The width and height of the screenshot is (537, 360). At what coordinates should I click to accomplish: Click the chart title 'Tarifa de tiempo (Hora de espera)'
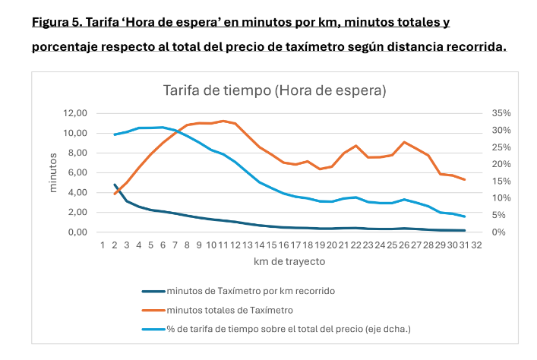pyautogui.click(x=274, y=90)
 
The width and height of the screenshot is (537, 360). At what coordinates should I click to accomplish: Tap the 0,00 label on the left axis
pyautogui.click(x=79, y=232)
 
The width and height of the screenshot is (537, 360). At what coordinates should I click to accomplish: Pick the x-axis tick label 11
pyautogui.click(x=223, y=246)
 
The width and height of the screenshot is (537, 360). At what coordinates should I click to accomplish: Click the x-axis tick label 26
pyautogui.click(x=404, y=246)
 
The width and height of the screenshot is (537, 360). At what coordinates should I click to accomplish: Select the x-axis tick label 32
pyautogui.click(x=476, y=246)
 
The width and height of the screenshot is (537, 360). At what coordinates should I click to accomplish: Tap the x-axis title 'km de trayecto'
pyautogui.click(x=289, y=262)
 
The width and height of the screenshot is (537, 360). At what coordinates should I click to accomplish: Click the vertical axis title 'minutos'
pyautogui.click(x=54, y=172)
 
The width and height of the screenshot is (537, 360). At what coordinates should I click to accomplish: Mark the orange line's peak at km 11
pyautogui.click(x=223, y=121)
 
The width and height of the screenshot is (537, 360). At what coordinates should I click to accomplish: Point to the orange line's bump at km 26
pyautogui.click(x=404, y=142)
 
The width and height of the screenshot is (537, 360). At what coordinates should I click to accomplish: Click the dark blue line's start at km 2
pyautogui.click(x=115, y=185)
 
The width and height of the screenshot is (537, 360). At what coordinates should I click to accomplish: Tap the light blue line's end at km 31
pyautogui.click(x=464, y=216)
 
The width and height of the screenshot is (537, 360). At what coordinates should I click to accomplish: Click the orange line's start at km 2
pyautogui.click(x=115, y=194)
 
